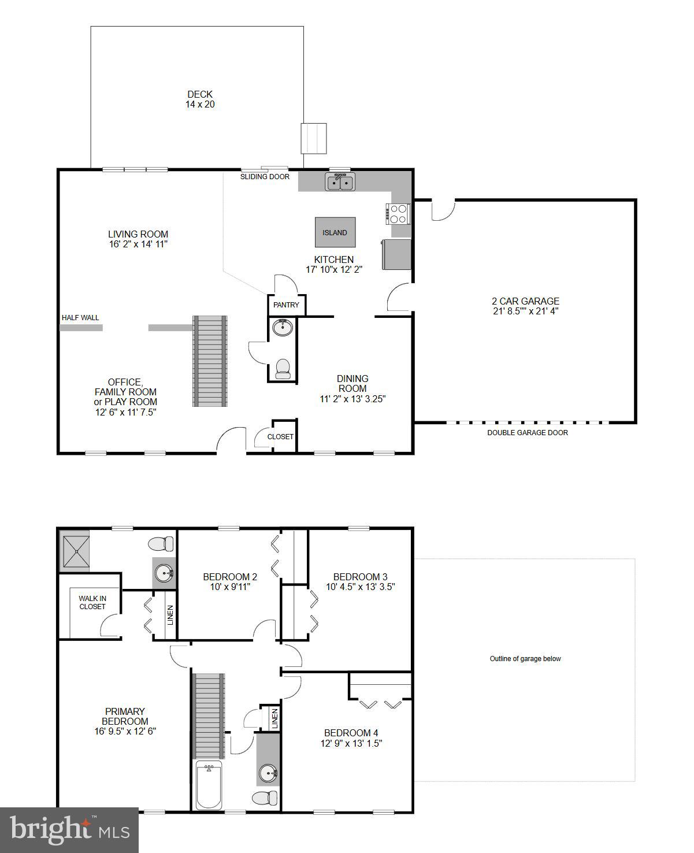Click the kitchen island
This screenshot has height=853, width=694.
(x=335, y=232)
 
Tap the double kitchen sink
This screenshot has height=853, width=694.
(x=340, y=183)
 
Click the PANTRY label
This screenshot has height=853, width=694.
(x=286, y=305)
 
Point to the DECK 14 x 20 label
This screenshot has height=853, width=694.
(x=200, y=99)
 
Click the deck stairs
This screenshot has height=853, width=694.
(x=314, y=139)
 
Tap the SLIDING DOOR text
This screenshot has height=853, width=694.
(x=265, y=177)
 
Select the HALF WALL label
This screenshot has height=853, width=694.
(x=80, y=318)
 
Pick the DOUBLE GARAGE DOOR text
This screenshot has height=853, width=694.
(x=527, y=433)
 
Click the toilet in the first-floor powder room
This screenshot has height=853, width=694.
(x=283, y=369)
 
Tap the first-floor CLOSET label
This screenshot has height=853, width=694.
(x=280, y=437)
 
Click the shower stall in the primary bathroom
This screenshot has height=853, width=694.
(x=75, y=550)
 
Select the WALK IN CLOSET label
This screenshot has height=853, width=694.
(x=92, y=603)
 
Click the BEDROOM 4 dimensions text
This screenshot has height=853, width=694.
(x=351, y=743)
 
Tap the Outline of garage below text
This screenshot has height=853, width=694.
(x=525, y=659)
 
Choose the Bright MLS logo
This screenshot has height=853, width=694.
(x=69, y=830)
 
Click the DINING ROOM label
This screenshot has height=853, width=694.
(x=352, y=384)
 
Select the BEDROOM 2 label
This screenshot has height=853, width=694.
(x=230, y=577)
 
